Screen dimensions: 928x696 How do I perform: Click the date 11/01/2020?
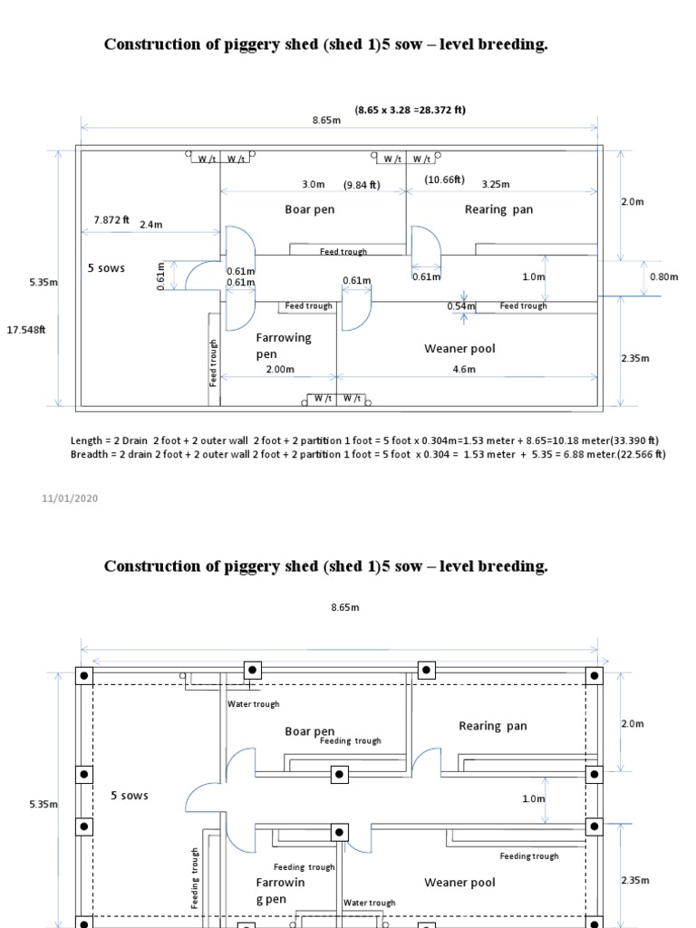tap(70, 498)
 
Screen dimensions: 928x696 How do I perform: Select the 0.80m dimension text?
tap(663, 276)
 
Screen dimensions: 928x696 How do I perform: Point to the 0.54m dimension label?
tap(461, 306)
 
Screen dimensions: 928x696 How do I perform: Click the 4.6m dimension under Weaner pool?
tap(464, 369)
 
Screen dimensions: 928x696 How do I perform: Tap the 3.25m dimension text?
tap(496, 184)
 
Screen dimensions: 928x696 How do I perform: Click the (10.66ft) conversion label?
tap(444, 179)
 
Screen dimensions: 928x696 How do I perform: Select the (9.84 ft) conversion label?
tap(362, 185)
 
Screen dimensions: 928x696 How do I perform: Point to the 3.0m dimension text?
tap(314, 184)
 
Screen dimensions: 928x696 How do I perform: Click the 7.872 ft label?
tap(111, 219)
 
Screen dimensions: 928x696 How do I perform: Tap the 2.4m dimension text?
tap(151, 224)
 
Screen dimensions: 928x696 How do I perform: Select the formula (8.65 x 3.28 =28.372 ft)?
tap(411, 111)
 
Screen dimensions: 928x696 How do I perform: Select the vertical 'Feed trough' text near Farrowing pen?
tap(215, 362)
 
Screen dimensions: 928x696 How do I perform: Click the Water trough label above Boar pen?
tap(253, 704)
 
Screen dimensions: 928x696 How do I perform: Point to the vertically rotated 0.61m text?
tap(161, 275)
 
